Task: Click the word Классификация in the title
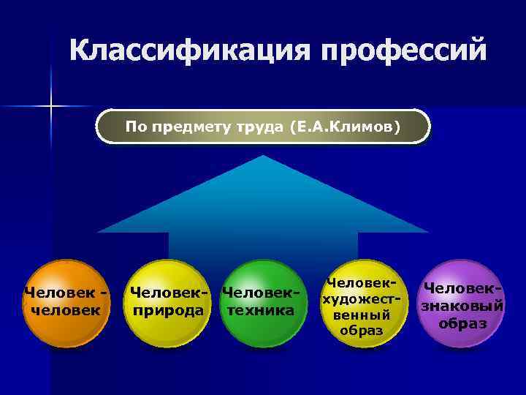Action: (187, 51)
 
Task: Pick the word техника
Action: (261, 310)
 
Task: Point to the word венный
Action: (361, 315)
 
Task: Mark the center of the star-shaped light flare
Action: (51, 107)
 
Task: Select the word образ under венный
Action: (361, 331)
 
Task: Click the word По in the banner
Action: (137, 127)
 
